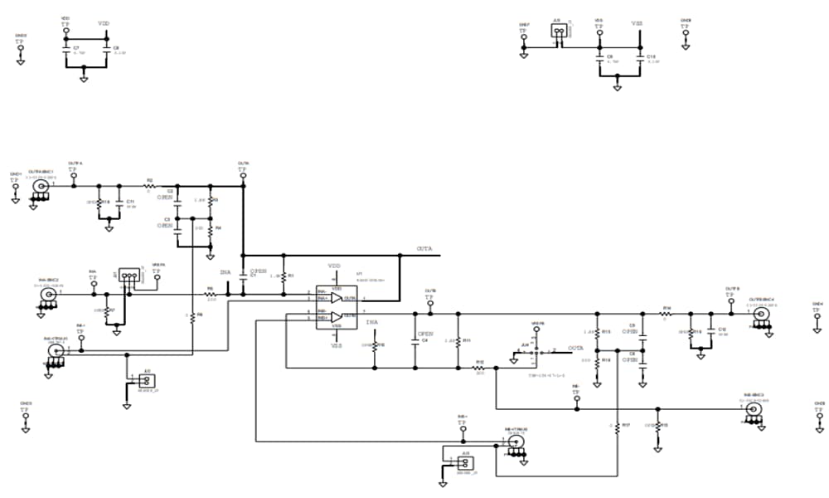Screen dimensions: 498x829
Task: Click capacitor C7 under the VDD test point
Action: click(66, 50)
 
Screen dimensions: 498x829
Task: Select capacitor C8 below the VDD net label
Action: click(107, 50)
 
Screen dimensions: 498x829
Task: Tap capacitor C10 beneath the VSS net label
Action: click(640, 59)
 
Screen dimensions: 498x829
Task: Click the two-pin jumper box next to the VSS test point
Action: click(560, 31)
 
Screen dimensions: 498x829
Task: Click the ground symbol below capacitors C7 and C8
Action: click(83, 80)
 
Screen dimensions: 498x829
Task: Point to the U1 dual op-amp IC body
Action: click(337, 307)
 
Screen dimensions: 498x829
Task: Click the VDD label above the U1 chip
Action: click(335, 266)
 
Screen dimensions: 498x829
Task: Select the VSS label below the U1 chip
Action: click(337, 346)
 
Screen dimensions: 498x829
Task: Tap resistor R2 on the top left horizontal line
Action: click(151, 186)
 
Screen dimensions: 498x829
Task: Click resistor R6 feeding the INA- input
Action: click(210, 295)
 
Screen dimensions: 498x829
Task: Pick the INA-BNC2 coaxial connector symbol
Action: click(50, 295)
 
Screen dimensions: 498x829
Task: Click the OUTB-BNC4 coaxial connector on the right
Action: click(759, 314)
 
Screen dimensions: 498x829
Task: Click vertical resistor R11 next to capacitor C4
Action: click(458, 341)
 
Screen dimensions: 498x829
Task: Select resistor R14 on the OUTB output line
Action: click(666, 315)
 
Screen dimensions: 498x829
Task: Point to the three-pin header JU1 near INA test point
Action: click(128, 274)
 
